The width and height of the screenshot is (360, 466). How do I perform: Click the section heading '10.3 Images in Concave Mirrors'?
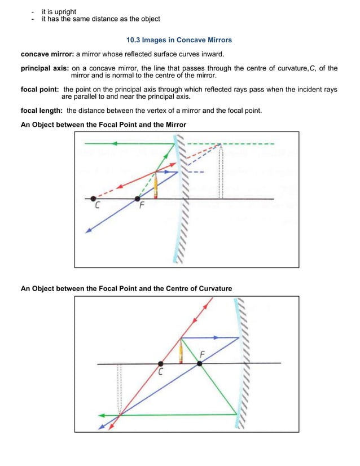tap(179, 41)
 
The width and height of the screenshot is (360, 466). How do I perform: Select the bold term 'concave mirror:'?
tap(47, 54)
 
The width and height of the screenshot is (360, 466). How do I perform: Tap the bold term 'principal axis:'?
tap(45, 68)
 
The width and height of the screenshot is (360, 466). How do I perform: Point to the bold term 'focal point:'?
tap(40, 90)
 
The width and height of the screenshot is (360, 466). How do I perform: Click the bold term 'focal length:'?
tap(42, 111)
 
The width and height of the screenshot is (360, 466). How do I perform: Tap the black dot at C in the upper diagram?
tap(94, 199)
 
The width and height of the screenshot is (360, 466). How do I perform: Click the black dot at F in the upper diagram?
tap(137, 199)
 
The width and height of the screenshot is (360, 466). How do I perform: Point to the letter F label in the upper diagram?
tap(142, 207)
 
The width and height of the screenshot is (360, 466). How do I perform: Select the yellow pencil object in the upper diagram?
tap(156, 187)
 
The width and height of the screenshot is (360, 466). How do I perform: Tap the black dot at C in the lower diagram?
tap(161, 364)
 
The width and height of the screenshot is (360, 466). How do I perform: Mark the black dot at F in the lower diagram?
tap(199, 364)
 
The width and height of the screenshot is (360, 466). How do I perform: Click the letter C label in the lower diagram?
tap(161, 373)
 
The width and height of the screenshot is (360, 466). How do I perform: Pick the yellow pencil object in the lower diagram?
tap(181, 352)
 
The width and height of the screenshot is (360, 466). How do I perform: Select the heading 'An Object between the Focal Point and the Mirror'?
tap(103, 124)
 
